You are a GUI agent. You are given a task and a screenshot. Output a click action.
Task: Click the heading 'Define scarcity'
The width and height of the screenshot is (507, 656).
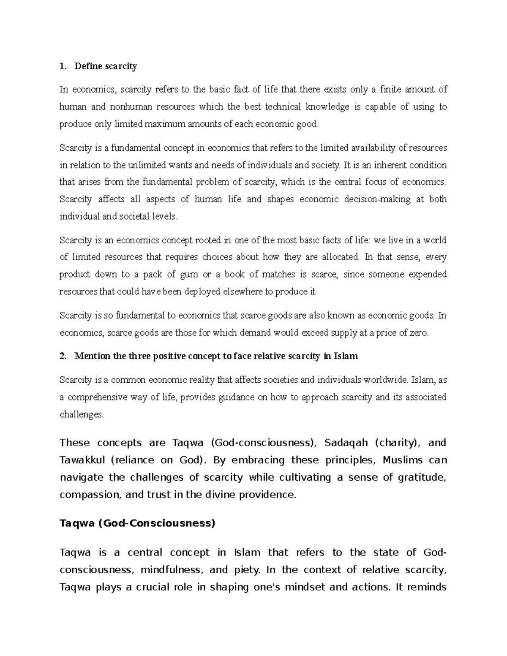click(x=106, y=66)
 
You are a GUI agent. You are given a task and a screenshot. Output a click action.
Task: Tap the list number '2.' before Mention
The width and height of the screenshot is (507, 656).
click(x=63, y=356)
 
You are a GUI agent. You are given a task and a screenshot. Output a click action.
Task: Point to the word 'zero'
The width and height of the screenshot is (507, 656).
click(x=419, y=333)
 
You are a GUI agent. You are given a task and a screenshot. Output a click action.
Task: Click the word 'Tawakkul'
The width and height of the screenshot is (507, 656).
click(x=82, y=460)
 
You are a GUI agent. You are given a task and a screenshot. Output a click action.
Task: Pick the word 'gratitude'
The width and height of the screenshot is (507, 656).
click(x=421, y=477)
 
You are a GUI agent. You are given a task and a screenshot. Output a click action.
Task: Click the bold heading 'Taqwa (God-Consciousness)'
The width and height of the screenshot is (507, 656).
click(x=137, y=523)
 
